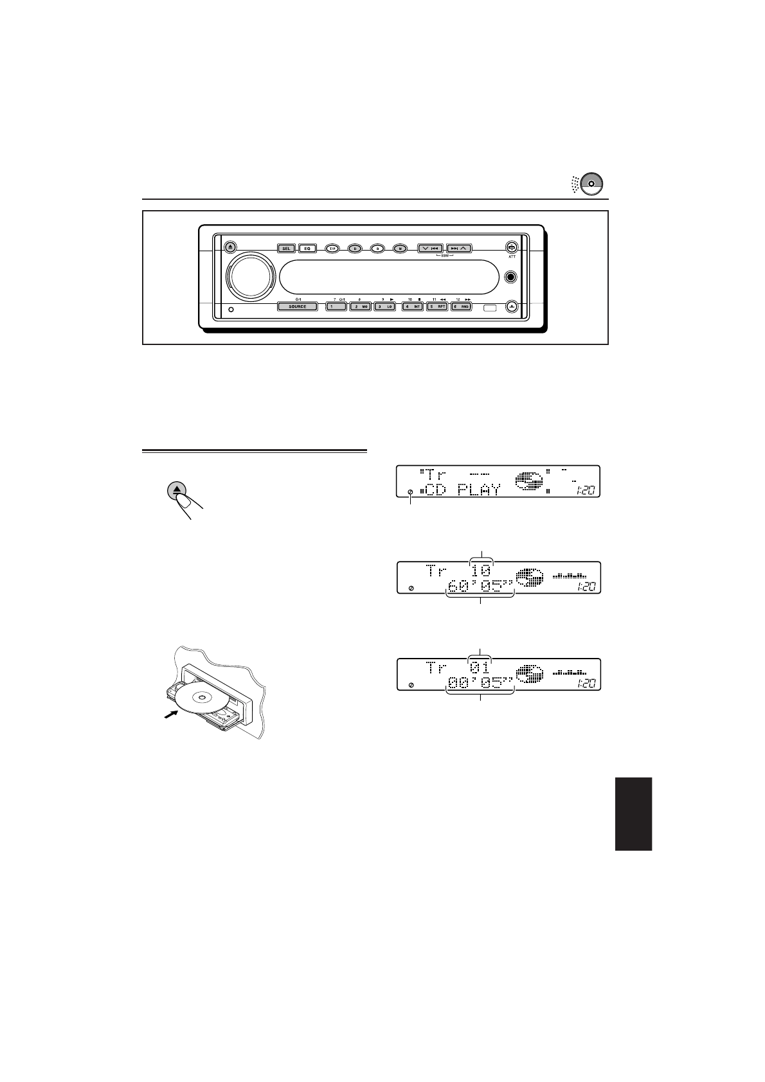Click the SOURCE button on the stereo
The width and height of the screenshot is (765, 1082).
pyautogui.click(x=297, y=306)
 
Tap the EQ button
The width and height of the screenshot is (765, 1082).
pyautogui.click(x=307, y=248)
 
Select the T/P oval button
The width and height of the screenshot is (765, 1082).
pyautogui.click(x=332, y=248)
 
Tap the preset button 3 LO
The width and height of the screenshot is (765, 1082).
pyautogui.click(x=384, y=306)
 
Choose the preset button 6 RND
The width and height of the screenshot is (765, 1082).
pyautogui.click(x=462, y=306)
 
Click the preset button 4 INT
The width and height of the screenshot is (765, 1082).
pyautogui.click(x=412, y=306)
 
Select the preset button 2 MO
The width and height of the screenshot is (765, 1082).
pyautogui.click(x=360, y=306)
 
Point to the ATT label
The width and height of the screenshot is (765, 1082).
pyautogui.click(x=512, y=256)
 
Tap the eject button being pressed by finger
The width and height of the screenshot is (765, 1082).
pyautogui.click(x=177, y=492)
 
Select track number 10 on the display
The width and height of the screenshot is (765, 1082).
pyautogui.click(x=481, y=570)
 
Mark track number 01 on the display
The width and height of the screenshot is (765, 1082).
pyautogui.click(x=480, y=668)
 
